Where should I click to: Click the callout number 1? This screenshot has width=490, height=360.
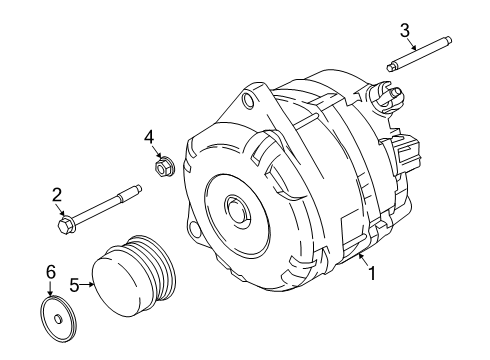pos(372,273)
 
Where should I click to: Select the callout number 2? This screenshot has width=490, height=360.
pos(57,195)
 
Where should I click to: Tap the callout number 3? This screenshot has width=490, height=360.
pos(405,31)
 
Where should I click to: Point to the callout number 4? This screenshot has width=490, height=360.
pos(149,137)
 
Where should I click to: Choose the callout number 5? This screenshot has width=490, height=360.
pos(74,285)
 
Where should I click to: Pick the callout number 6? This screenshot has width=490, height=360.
pos(51,272)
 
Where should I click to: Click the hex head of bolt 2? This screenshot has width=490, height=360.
pos(66,224)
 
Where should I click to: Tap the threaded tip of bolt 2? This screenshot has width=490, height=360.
pos(137,190)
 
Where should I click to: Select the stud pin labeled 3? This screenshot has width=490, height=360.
pos(419,54)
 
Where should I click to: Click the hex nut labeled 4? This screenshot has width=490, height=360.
pos(162,166)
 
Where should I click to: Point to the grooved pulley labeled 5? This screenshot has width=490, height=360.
pos(135,276)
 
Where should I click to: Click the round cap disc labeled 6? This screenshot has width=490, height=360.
pos(58,319)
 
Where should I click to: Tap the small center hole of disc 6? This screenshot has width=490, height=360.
pos(58,319)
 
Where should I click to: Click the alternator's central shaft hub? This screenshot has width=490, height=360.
pos(238,210)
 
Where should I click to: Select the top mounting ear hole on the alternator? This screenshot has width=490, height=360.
pos(249,100)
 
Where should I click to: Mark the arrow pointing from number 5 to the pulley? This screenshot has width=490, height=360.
pos(87,284)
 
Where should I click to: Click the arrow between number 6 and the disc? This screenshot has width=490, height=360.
pos(50,289)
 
